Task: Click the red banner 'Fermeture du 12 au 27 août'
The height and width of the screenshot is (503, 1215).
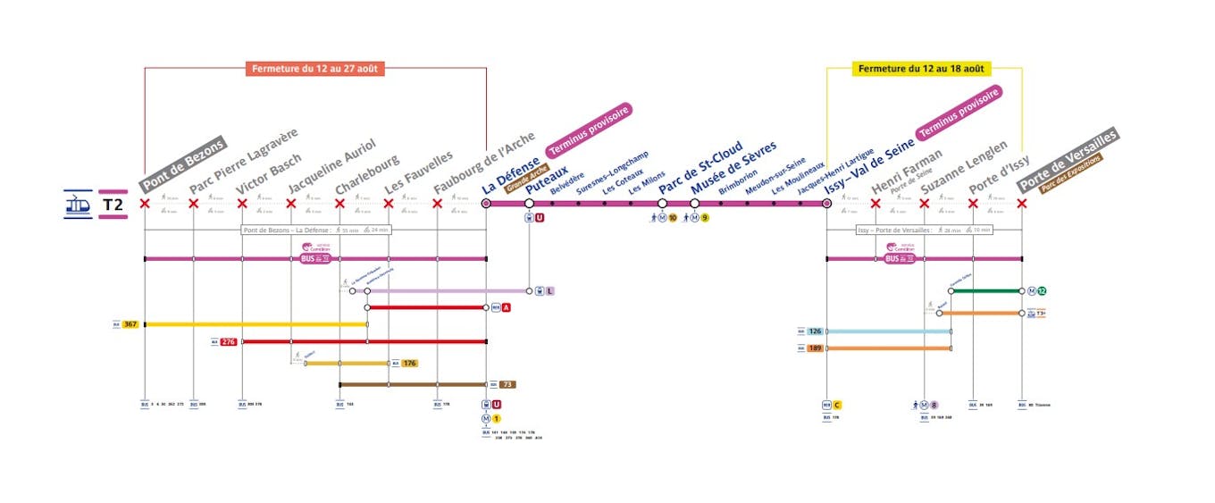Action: click(315, 69)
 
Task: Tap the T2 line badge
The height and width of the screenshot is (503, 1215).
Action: click(113, 205)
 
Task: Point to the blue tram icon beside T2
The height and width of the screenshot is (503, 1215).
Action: click(78, 205)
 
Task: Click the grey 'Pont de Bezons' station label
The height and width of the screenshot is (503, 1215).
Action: click(183, 163)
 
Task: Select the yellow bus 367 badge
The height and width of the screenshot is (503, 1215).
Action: click(130, 324)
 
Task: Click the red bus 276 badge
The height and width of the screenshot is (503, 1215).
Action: click(229, 341)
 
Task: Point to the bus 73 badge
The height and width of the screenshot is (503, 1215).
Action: click(507, 385)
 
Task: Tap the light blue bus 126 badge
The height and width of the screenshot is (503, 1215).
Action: click(815, 331)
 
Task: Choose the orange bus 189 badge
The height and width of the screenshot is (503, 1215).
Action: click(815, 348)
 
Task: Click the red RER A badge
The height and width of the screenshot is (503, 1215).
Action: click(507, 307)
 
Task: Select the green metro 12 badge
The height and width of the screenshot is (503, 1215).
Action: click(1042, 291)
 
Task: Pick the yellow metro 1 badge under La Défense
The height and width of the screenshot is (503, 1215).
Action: click(497, 418)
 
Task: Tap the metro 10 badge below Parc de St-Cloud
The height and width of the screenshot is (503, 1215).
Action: click(672, 217)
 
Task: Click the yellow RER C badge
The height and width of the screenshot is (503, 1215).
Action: click(837, 405)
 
